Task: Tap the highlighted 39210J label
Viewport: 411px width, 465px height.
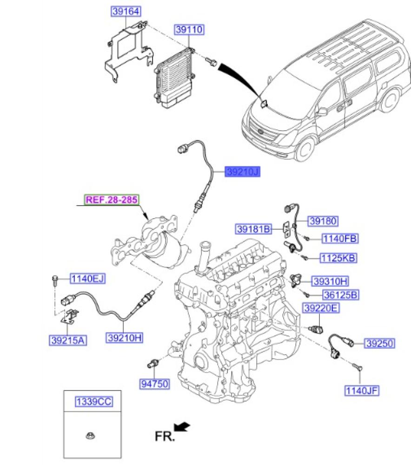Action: [242, 172]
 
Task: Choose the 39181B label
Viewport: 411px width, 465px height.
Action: [253, 229]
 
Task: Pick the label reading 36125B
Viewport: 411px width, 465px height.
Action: [341, 294]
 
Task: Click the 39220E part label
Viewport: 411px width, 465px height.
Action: [321, 308]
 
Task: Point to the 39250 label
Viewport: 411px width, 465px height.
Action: [379, 344]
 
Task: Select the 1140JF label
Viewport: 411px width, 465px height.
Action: [362, 391]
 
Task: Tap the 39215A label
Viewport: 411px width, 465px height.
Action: [67, 340]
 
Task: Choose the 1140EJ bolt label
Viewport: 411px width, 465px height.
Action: [87, 279]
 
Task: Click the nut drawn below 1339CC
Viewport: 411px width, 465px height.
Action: [89, 436]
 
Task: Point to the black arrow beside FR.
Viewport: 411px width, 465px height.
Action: [183, 426]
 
